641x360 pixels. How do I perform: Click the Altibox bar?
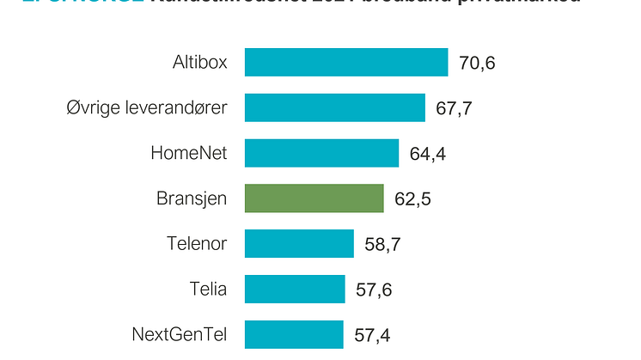coord(345,63)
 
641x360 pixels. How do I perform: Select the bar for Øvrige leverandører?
coord(334,108)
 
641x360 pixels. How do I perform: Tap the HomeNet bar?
coord(321,153)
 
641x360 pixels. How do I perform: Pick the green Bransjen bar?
coord(314,198)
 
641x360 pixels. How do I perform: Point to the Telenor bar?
coord(299,243)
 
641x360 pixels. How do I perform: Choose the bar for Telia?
coord(294,289)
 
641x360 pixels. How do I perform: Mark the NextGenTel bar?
coord(294,333)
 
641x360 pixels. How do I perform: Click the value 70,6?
coord(478,64)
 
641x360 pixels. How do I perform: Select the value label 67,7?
coord(455,109)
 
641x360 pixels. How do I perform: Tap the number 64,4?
coord(428,155)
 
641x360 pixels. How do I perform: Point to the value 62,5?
coord(412,199)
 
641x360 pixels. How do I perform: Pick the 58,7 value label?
coord(383,245)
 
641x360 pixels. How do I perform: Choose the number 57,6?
coord(374,290)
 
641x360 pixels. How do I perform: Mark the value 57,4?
coord(374,335)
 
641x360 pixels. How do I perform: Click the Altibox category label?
coord(199,63)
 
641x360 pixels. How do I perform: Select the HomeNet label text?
coord(188,153)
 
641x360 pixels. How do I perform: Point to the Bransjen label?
coord(192,198)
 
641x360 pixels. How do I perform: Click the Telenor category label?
coord(197,243)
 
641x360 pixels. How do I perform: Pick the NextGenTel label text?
coord(179,333)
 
